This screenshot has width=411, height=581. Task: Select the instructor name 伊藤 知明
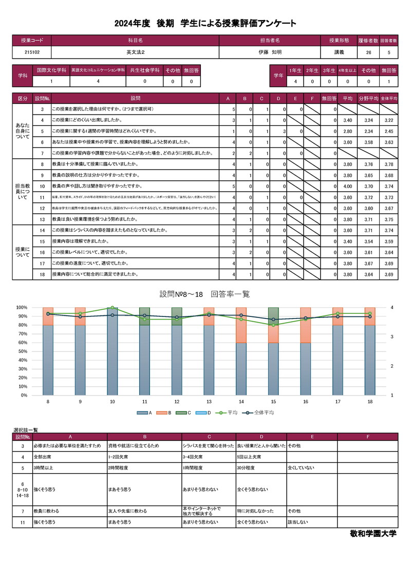coord(270,52)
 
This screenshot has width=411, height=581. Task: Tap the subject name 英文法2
coord(135,52)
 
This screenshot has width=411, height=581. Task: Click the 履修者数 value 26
coord(368,52)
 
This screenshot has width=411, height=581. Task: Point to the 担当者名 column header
coord(270,40)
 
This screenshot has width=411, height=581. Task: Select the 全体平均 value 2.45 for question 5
coord(388,131)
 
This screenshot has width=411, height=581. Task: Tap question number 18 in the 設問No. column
coord(42,274)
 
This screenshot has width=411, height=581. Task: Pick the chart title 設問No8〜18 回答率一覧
coord(205,294)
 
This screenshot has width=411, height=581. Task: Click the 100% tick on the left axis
coord(22,308)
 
